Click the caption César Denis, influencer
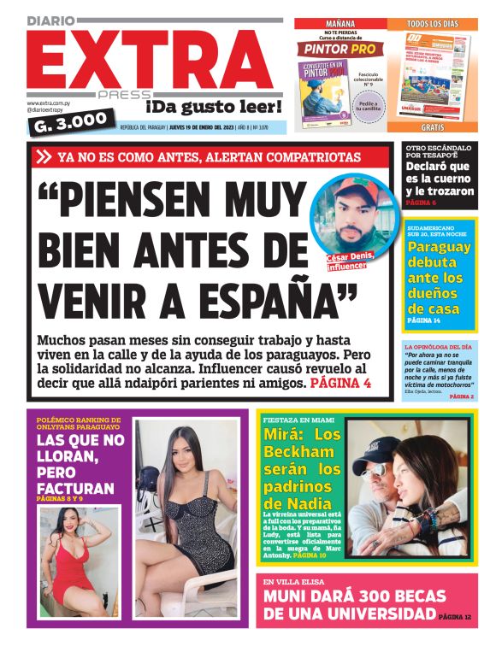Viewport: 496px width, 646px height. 358,261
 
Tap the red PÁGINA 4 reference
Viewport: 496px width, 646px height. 341,384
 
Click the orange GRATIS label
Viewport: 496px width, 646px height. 431,126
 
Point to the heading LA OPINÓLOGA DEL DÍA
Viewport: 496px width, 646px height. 439,347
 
